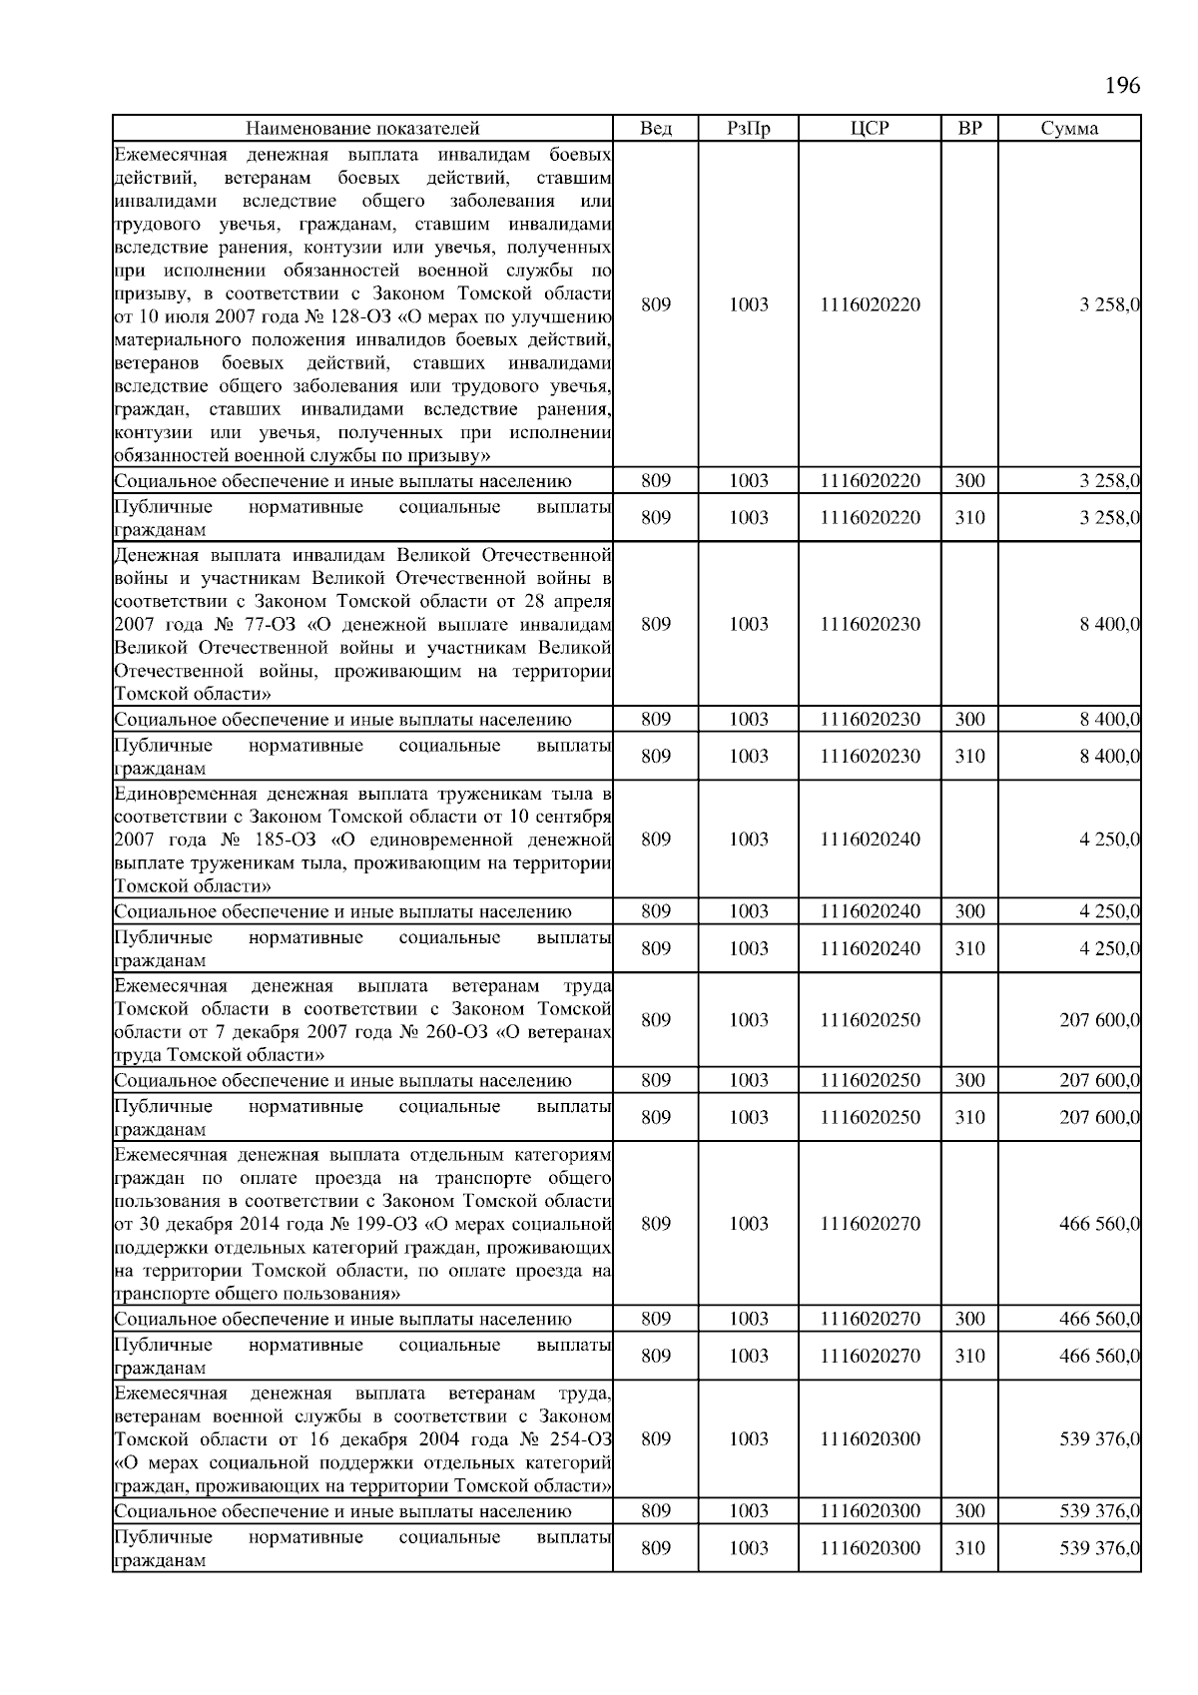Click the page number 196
click(x=1122, y=85)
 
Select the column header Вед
click(x=655, y=128)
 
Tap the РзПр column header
click(x=748, y=128)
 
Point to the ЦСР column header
click(x=870, y=128)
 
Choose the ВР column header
click(x=968, y=128)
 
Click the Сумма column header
click(x=1069, y=128)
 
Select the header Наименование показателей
click(x=362, y=128)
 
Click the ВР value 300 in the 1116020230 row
click(x=969, y=720)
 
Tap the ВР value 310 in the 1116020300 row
click(x=969, y=1548)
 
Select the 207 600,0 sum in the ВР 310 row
click(x=1099, y=1117)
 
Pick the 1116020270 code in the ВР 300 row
click(x=870, y=1319)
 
